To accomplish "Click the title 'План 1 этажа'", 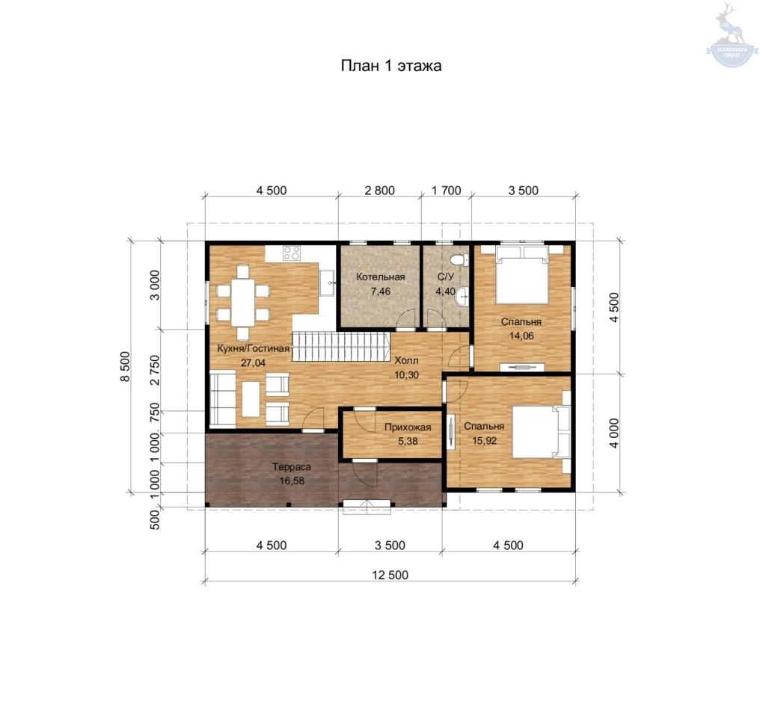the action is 390,66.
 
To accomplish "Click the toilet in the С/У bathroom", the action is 459,259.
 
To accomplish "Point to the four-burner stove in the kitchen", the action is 292,253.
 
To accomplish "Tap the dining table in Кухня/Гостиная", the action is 243,303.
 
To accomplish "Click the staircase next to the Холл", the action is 341,346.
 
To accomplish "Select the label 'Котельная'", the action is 381,277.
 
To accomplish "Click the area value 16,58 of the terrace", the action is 292,481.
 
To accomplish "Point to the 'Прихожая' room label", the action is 408,427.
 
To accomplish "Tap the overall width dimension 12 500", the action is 390,575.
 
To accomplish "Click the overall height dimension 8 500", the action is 126,366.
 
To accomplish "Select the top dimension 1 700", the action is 446,191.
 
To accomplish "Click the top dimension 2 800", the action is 379,191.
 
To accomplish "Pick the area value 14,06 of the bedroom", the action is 521,336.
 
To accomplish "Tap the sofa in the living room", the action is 223,398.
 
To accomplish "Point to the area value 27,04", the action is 253,362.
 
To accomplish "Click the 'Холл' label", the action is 406,361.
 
